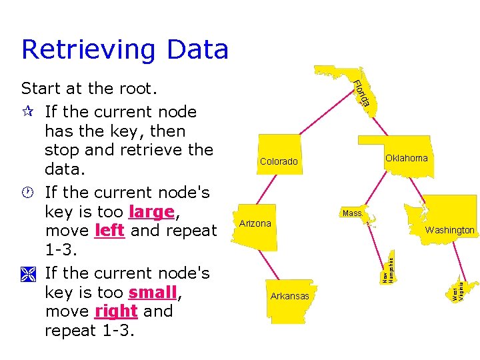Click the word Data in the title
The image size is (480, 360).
197,50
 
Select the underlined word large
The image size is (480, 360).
151,212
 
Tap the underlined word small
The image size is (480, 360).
153,293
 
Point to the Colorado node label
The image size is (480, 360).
279,161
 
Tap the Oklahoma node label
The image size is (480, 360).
406,158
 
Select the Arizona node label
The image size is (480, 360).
255,223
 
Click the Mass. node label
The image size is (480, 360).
352,213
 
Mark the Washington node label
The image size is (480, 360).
450,230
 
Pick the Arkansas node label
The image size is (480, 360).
289,296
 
